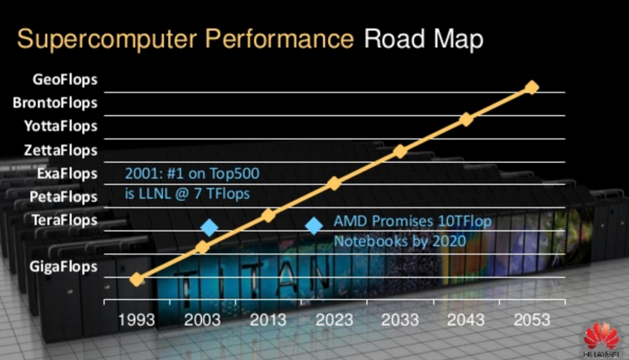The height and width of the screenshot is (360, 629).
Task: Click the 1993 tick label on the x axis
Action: pos(137,319)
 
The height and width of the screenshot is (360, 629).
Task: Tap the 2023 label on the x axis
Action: pos(334,319)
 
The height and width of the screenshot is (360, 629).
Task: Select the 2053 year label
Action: pos(531,319)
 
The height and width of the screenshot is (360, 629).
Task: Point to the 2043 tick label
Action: pos(466,319)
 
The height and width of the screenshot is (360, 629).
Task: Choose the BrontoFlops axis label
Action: pos(55,103)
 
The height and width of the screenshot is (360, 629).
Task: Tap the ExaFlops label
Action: pos(67,173)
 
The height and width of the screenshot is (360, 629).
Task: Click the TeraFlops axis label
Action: pos(64,220)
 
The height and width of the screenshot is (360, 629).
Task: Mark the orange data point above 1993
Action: pos(137,279)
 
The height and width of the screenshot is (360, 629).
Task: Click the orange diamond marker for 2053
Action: pos(532,87)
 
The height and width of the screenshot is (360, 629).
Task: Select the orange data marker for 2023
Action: pos(334,183)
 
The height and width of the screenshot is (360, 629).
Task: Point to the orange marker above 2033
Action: pos(400,151)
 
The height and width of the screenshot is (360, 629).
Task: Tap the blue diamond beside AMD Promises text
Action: pos(314,226)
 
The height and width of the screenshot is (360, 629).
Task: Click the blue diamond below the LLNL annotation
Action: pos(209,228)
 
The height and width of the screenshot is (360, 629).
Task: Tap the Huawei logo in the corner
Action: pos(601,338)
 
